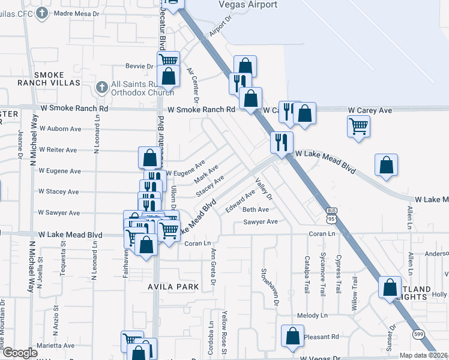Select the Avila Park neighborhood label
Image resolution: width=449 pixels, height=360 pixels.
173,287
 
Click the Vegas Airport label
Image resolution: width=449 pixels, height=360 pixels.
249,5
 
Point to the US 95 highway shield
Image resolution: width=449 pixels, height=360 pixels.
331,214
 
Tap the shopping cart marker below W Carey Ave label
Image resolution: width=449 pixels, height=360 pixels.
358,127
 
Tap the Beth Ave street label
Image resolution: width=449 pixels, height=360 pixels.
255,209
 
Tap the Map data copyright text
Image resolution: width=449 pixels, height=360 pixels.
423,355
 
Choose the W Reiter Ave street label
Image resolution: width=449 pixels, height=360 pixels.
58,150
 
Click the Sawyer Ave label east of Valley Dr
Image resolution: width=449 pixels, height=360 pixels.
261,222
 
